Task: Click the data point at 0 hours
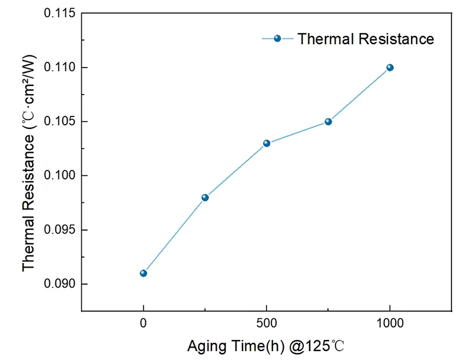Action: pyautogui.click(x=143, y=273)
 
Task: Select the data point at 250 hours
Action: pyautogui.click(x=205, y=197)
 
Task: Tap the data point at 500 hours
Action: pyautogui.click(x=267, y=143)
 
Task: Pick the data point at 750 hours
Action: pyautogui.click(x=328, y=121)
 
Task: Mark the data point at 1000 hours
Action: pyautogui.click(x=390, y=67)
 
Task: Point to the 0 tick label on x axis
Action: pyautogui.click(x=143, y=323)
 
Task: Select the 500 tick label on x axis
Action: pyautogui.click(x=267, y=323)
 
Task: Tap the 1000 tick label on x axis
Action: pyautogui.click(x=390, y=323)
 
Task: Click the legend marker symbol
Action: pyautogui.click(x=277, y=39)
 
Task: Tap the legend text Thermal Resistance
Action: pyautogui.click(x=366, y=39)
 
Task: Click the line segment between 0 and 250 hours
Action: pyautogui.click(x=174, y=235)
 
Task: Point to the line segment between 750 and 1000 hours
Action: pyautogui.click(x=359, y=94)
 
